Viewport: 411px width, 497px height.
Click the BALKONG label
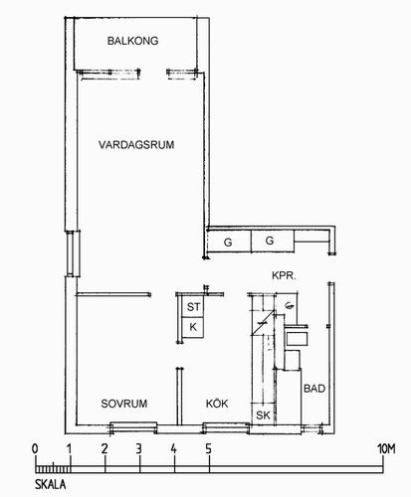click(x=132, y=41)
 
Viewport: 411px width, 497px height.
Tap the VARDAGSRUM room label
click(x=136, y=145)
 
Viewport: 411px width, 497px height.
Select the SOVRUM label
click(x=124, y=404)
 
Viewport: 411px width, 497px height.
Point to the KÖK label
click(x=217, y=404)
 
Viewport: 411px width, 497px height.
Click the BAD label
click(x=314, y=389)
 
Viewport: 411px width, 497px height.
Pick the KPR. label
click(x=284, y=275)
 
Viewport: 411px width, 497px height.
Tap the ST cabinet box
click(x=193, y=306)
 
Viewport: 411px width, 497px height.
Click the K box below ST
click(x=193, y=327)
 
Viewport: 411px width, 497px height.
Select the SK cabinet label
click(x=263, y=414)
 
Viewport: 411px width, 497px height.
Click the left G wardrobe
click(x=229, y=242)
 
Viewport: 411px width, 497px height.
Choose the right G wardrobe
click(x=273, y=241)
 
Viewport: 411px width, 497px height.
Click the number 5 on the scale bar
click(x=208, y=449)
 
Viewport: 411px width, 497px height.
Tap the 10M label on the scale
click(x=386, y=449)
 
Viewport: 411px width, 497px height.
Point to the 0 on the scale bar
click(x=35, y=449)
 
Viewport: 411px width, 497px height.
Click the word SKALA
click(x=51, y=484)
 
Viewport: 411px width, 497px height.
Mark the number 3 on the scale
click(x=138, y=449)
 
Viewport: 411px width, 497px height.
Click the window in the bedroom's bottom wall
click(x=133, y=427)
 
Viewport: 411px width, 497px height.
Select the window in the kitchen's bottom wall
click(x=226, y=427)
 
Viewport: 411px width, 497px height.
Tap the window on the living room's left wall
click(x=74, y=253)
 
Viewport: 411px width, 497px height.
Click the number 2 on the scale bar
click(x=104, y=449)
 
